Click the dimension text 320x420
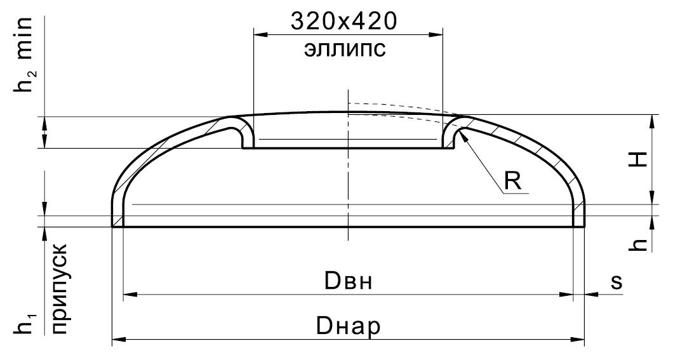(343, 22)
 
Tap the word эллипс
(345, 49)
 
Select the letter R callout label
(512, 180)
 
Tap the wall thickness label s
(616, 283)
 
